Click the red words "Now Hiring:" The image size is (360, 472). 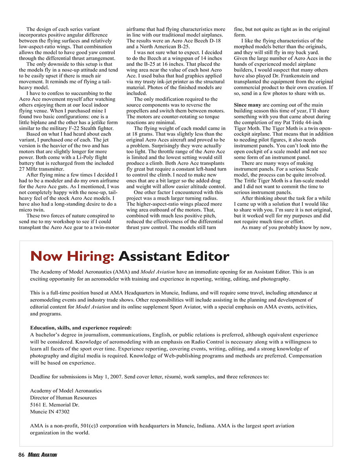tap(72, 256)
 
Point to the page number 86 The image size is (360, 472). tap(22, 455)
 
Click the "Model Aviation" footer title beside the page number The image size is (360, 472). tap(42, 455)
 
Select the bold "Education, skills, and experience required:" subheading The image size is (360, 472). tap(81, 328)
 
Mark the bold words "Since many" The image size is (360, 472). tap(248, 105)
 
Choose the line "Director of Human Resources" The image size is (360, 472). tap(63, 398)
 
